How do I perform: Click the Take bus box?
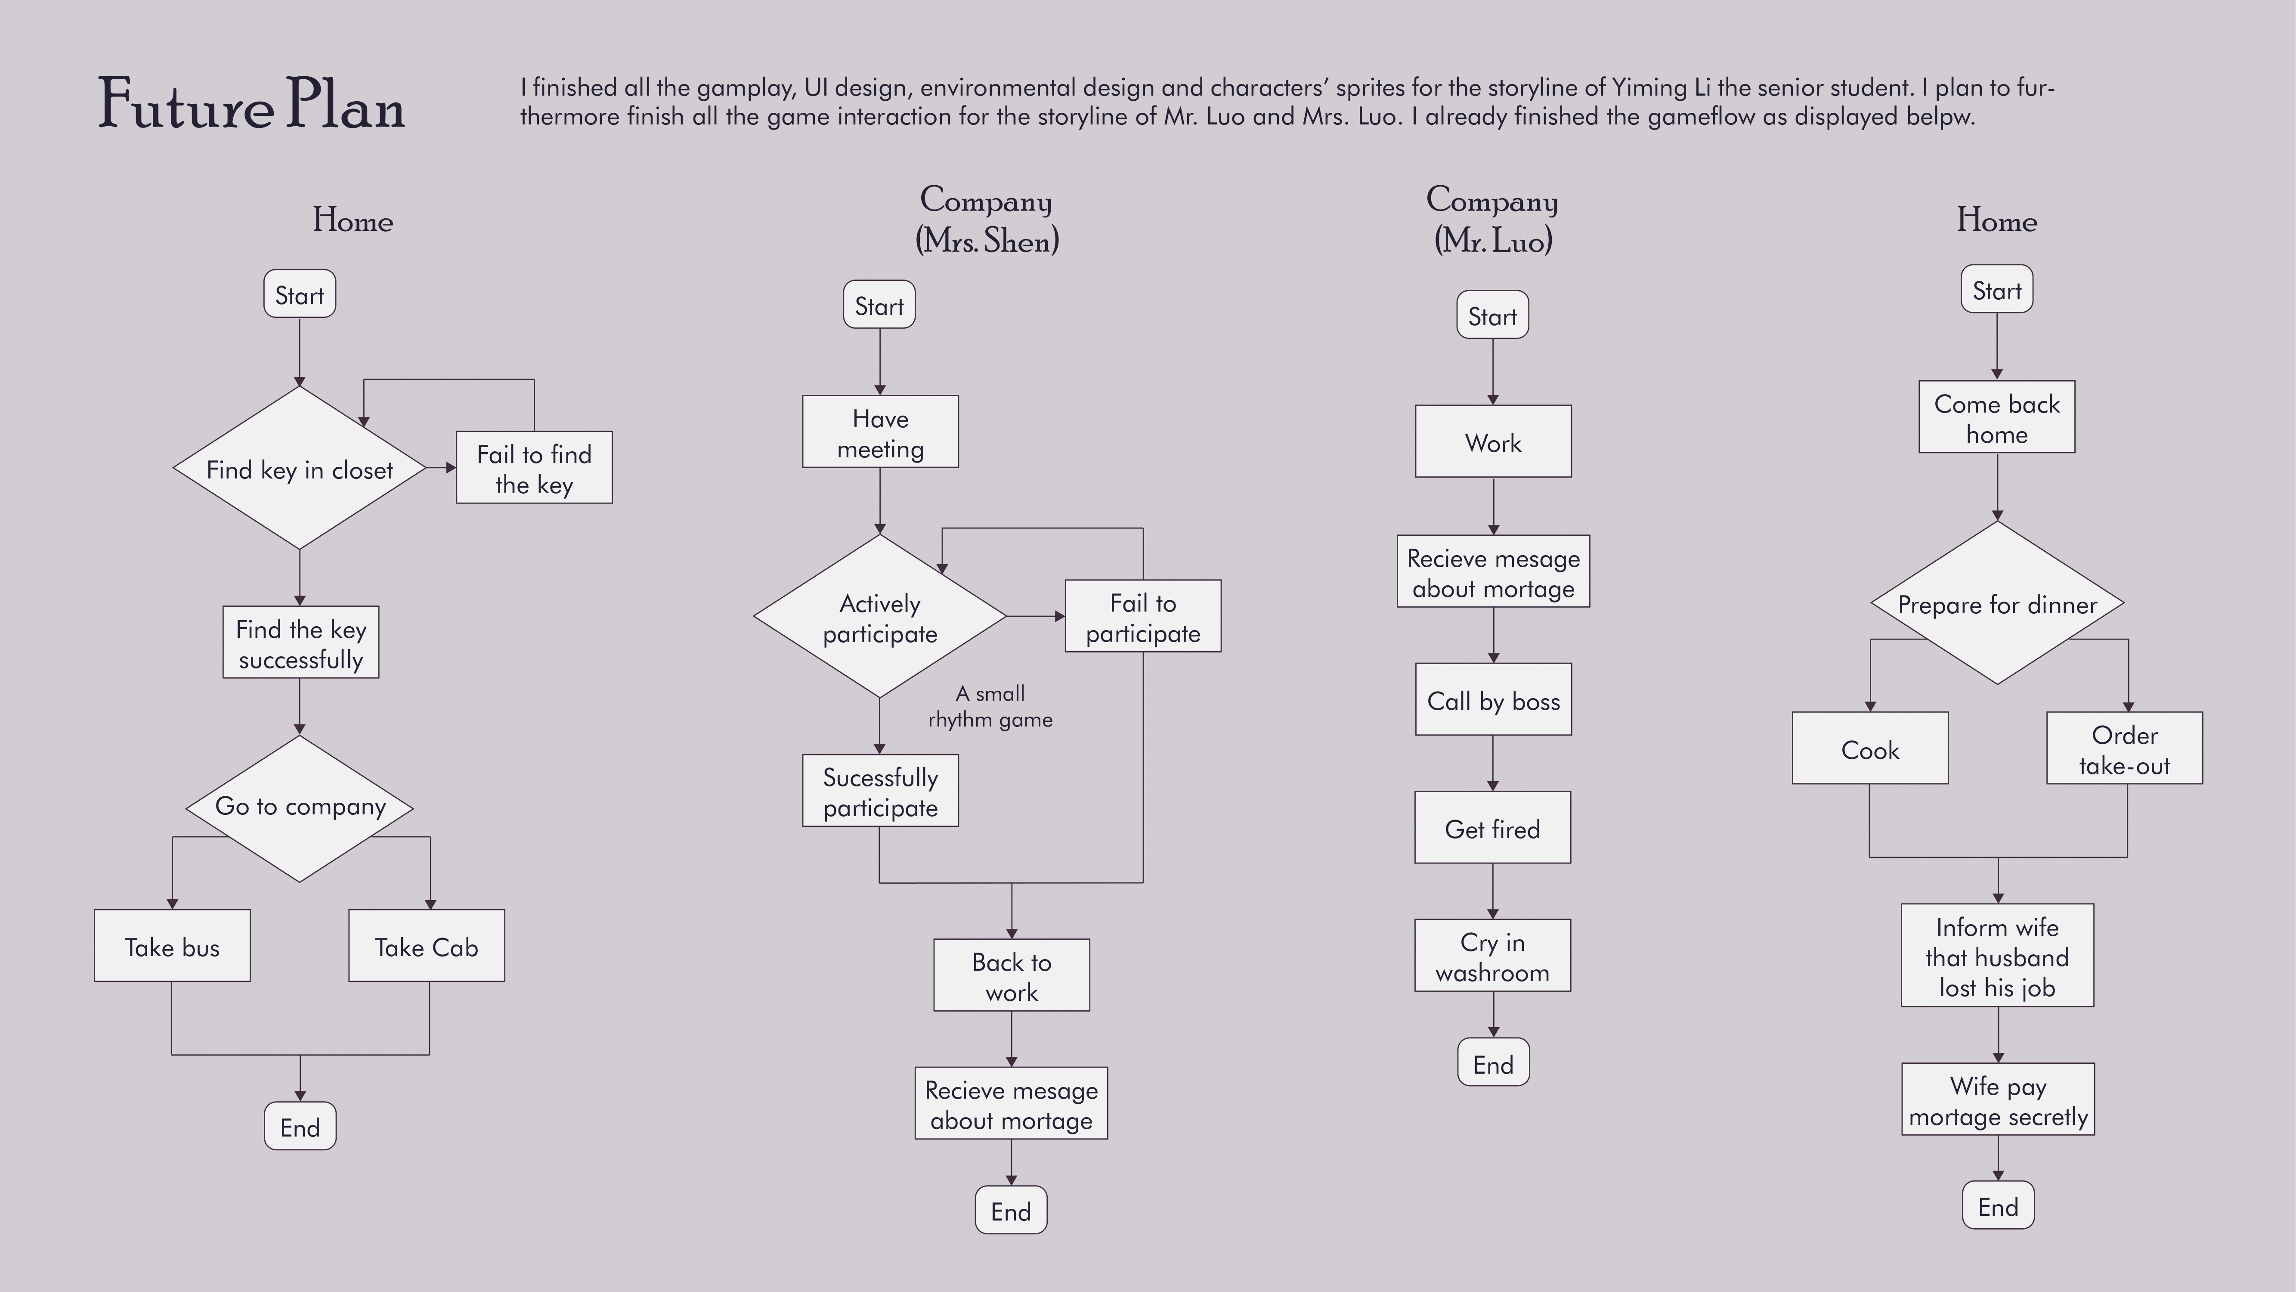pos(172,946)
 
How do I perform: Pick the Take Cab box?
pos(426,946)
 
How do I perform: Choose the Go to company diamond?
pos(300,808)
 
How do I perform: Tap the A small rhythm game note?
pos(990,706)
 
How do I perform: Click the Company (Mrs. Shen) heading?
pos(987,219)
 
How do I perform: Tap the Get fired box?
pos(1493,827)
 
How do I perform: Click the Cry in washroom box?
pos(1493,956)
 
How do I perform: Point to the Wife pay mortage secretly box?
pos(1998,1099)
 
